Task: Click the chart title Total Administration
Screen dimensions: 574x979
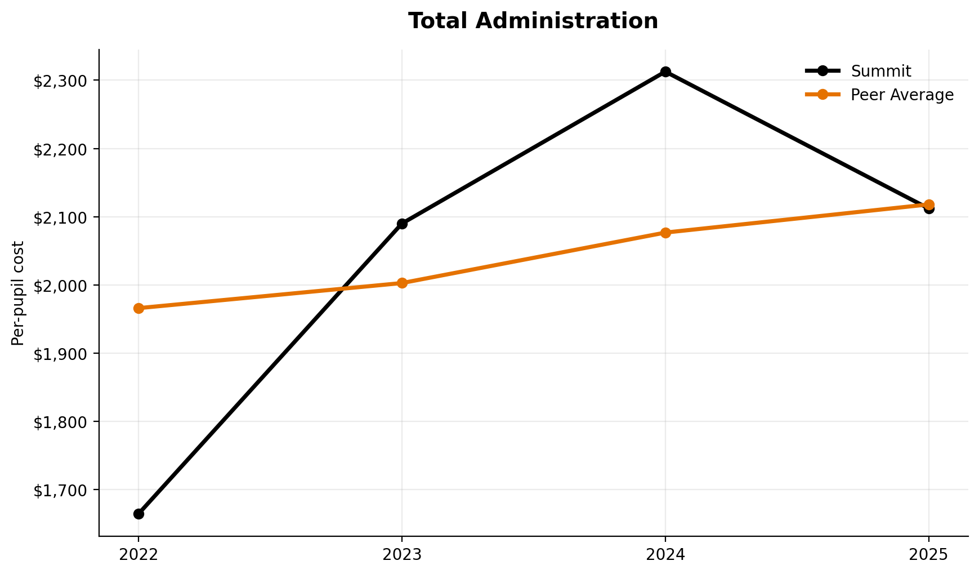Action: point(533,21)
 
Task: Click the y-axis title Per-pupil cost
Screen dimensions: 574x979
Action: point(19,293)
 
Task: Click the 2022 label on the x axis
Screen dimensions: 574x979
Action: point(138,555)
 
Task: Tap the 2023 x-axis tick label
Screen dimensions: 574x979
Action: point(402,555)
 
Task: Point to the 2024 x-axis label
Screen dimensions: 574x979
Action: point(665,555)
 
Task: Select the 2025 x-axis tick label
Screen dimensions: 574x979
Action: point(929,555)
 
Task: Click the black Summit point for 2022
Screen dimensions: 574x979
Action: point(138,514)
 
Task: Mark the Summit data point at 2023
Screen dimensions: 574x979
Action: point(402,224)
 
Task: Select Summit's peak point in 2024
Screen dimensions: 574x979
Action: point(665,72)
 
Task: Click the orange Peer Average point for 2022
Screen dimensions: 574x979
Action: point(138,308)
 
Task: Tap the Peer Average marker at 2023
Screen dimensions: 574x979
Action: point(402,283)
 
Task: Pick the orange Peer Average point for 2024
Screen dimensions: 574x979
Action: point(665,233)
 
